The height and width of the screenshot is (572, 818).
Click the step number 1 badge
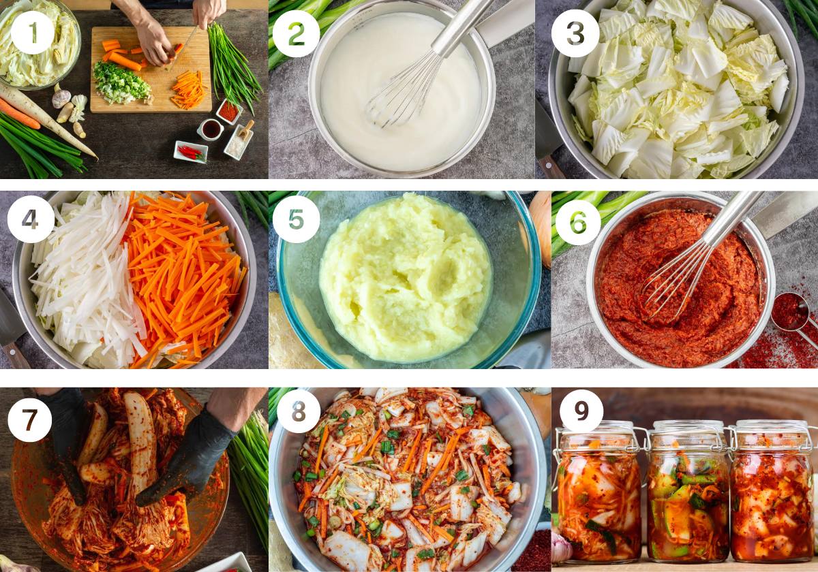tap(33, 33)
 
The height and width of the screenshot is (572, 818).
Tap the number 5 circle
tap(295, 219)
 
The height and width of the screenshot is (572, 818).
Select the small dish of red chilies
tap(190, 152)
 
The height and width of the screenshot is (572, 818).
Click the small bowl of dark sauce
tap(211, 129)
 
